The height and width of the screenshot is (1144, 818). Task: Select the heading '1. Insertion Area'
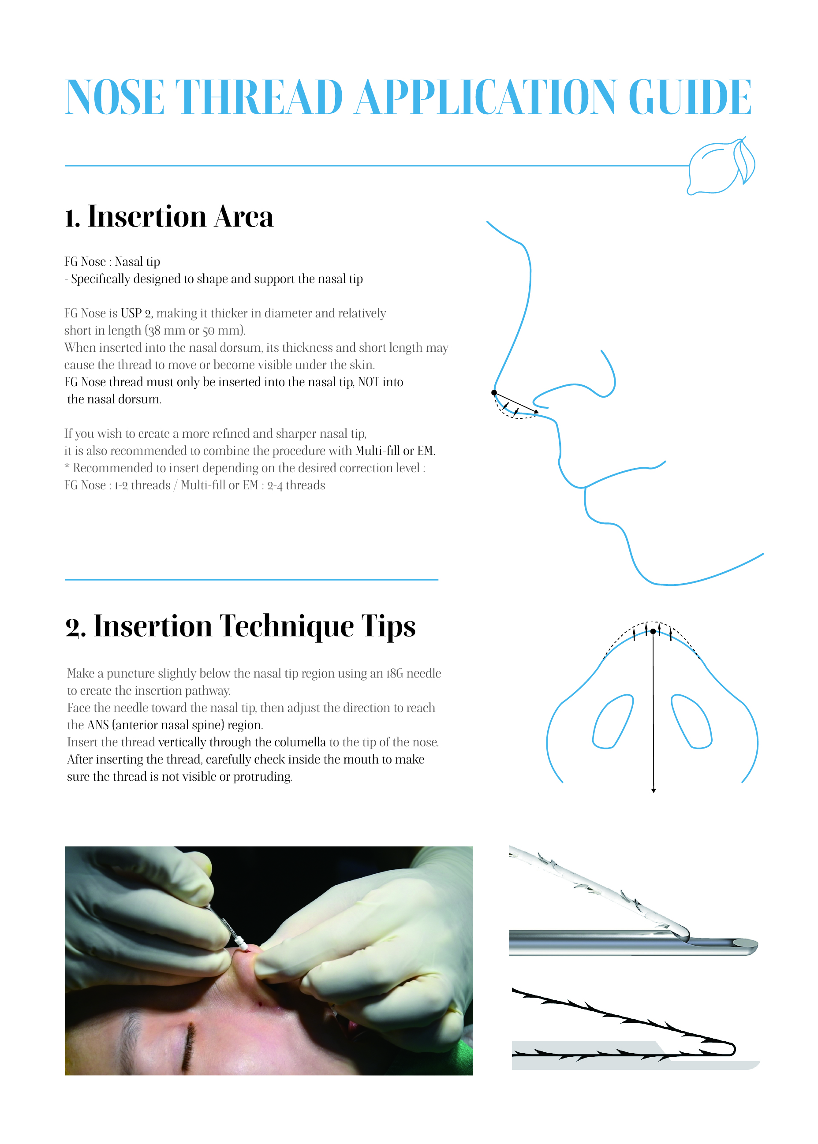pos(169,216)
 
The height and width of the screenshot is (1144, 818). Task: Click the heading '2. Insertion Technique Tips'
pos(241,626)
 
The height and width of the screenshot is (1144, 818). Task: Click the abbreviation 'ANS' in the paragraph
pos(98,725)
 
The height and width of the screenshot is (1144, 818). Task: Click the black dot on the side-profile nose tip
pos(494,392)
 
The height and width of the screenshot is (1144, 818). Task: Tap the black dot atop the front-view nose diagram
pos(653,631)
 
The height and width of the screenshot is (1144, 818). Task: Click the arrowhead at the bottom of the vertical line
pos(654,790)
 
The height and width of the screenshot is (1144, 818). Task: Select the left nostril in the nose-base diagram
pos(613,722)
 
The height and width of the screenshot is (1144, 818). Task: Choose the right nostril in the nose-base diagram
pos(691,722)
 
